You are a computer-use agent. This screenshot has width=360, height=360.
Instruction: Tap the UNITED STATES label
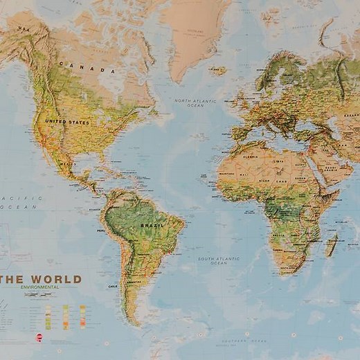point(67,122)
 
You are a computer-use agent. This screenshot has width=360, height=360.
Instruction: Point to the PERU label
point(101,231)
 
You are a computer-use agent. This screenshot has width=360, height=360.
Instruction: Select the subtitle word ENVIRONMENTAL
point(39,287)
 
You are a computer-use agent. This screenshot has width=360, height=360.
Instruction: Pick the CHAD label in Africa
point(280,181)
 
